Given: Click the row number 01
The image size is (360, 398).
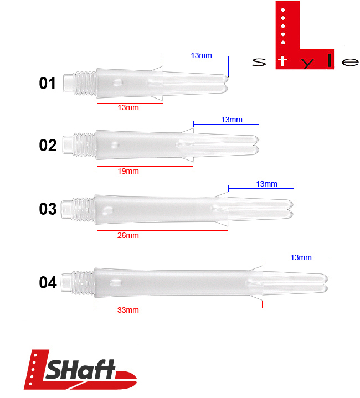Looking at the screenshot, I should click(47, 84).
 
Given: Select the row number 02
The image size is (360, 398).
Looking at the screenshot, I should click(48, 146).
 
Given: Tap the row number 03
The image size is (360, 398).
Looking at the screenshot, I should click(48, 209).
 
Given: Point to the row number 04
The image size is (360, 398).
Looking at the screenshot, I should click(48, 283).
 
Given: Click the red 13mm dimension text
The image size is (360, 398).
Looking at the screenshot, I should click(128, 107).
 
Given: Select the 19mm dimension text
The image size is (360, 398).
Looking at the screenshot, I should click(128, 171).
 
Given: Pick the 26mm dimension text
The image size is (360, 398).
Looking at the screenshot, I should click(128, 235).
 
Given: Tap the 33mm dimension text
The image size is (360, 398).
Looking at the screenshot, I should click(128, 310).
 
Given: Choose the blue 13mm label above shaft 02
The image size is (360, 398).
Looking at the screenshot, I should click(232, 120).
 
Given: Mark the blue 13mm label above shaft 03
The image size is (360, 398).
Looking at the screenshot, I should click(266, 184).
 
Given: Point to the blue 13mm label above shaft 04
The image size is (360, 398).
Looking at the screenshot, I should click(301, 257).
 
